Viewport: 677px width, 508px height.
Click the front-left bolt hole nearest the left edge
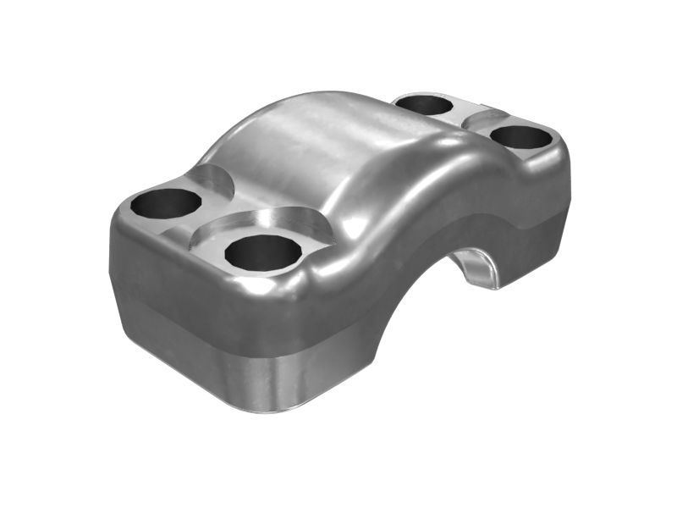tap(166, 203)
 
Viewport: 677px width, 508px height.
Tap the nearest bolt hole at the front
tap(262, 251)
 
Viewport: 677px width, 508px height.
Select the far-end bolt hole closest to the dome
tap(424, 105)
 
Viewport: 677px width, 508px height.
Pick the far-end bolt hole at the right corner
tap(520, 136)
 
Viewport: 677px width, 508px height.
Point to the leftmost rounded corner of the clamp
tap(113, 254)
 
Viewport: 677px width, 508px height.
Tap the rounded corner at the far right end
tap(564, 169)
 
